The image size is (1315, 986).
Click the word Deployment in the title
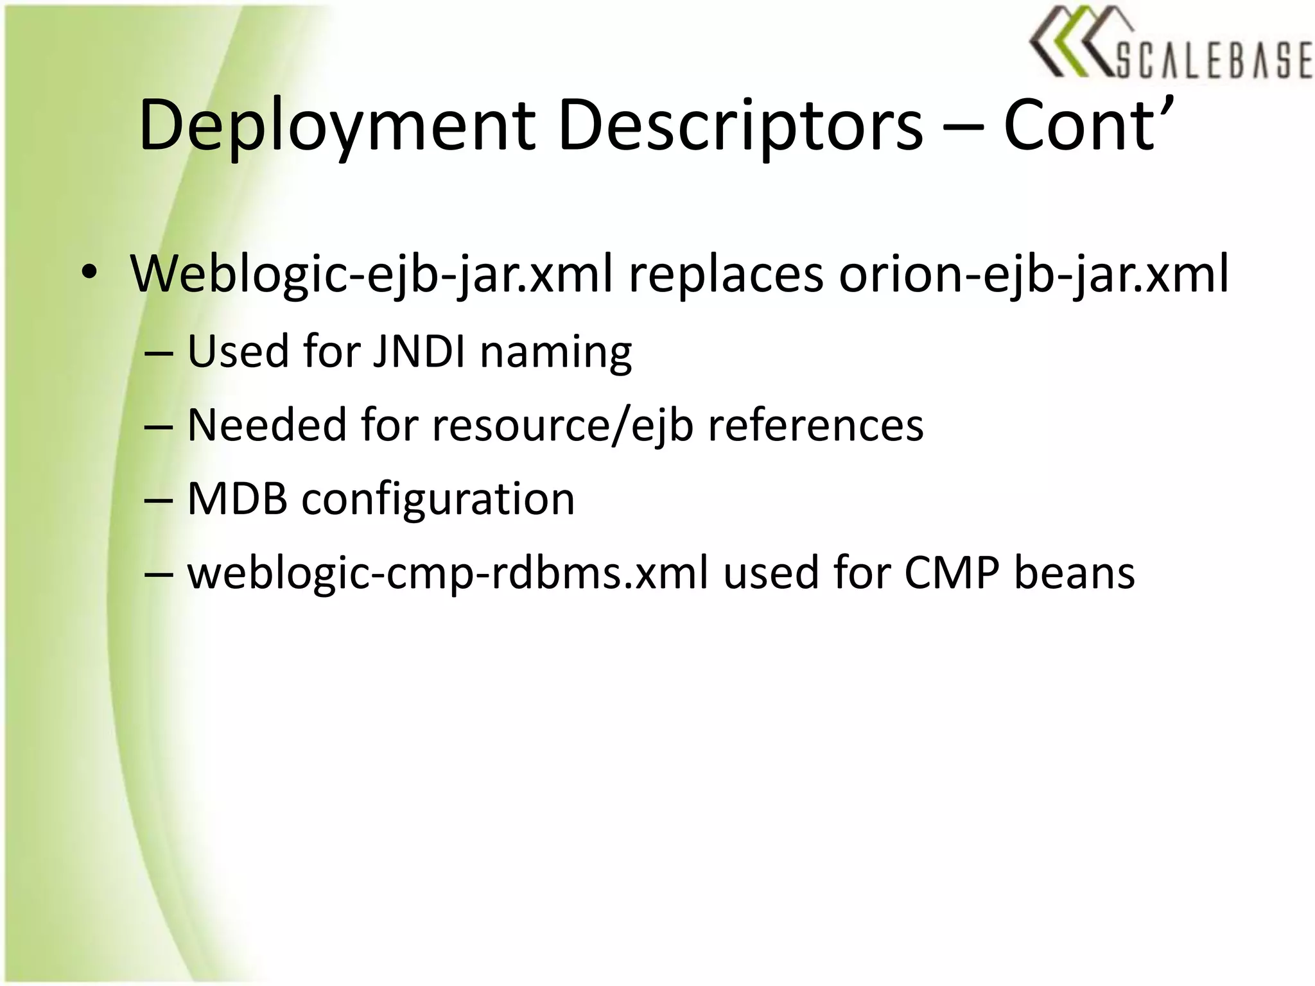[336, 126]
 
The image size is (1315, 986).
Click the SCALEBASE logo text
[1213, 62]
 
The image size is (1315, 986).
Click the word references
[815, 425]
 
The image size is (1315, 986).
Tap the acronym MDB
[237, 499]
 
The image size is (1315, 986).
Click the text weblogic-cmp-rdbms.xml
[448, 573]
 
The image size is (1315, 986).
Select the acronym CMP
[952, 573]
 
